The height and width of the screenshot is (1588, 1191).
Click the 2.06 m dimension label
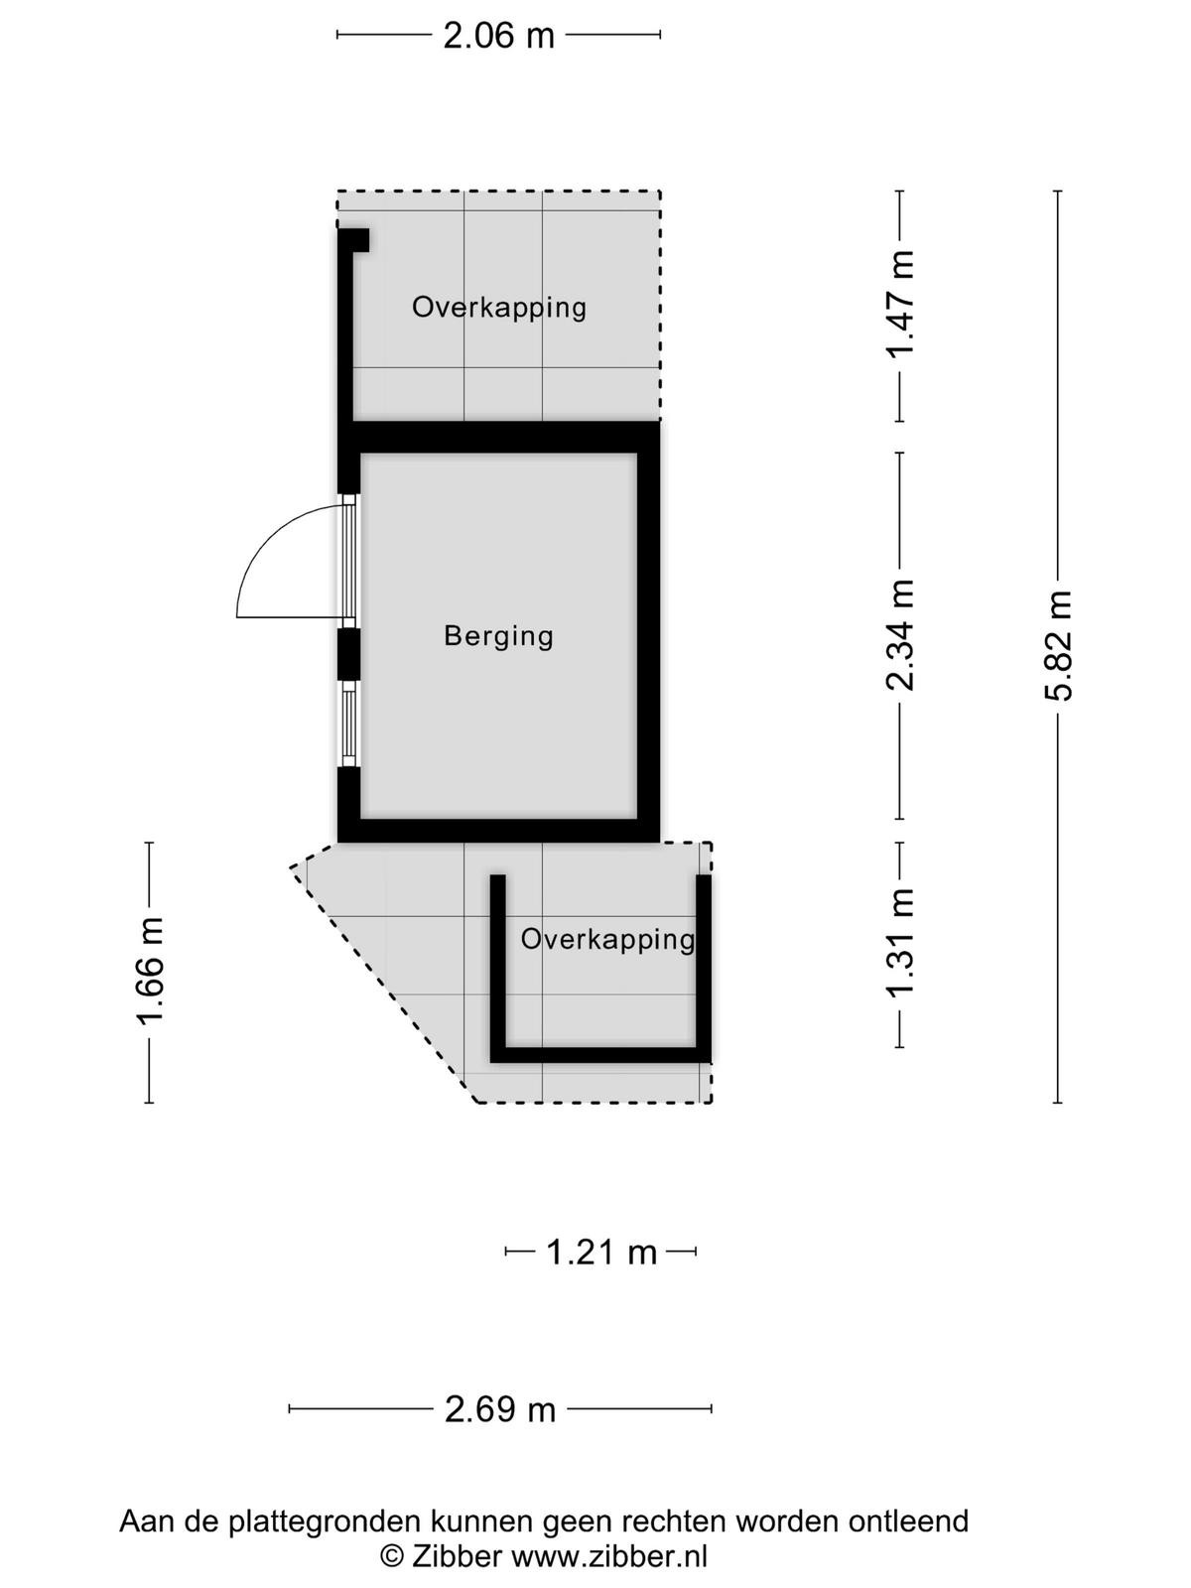pos(498,36)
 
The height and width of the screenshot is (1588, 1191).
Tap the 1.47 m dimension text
pos(901,304)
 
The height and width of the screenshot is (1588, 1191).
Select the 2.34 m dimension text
pos(901,634)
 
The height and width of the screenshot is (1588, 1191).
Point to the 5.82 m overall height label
pos(1057,646)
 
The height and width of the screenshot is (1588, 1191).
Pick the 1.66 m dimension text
pos(151,971)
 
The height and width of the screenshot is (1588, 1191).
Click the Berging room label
pos(498,636)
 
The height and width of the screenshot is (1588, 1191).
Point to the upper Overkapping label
pos(499,308)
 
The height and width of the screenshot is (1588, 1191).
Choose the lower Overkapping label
pos(607,940)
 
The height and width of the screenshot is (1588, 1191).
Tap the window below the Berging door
pos(349,724)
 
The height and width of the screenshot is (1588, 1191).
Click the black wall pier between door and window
pos(349,654)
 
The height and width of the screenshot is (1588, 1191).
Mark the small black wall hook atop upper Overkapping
pos(354,240)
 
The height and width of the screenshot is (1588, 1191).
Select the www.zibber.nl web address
pos(609,1555)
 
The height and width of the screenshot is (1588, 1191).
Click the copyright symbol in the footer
pos(392,1556)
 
